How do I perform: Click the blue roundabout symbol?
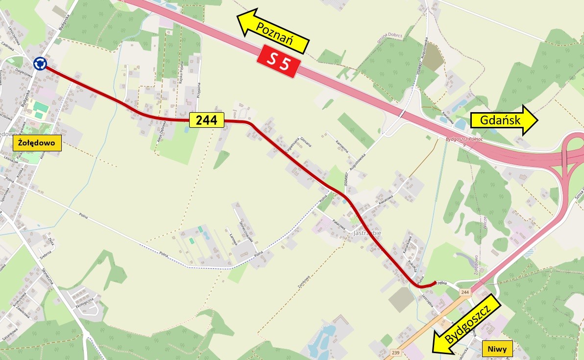pyautogui.click(x=40, y=63)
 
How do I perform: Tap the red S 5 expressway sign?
pyautogui.click(x=278, y=61)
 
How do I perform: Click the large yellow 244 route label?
pyautogui.click(x=207, y=120)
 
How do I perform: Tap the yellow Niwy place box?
pyautogui.click(x=497, y=349)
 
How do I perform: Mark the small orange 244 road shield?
pyautogui.click(x=465, y=292)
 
